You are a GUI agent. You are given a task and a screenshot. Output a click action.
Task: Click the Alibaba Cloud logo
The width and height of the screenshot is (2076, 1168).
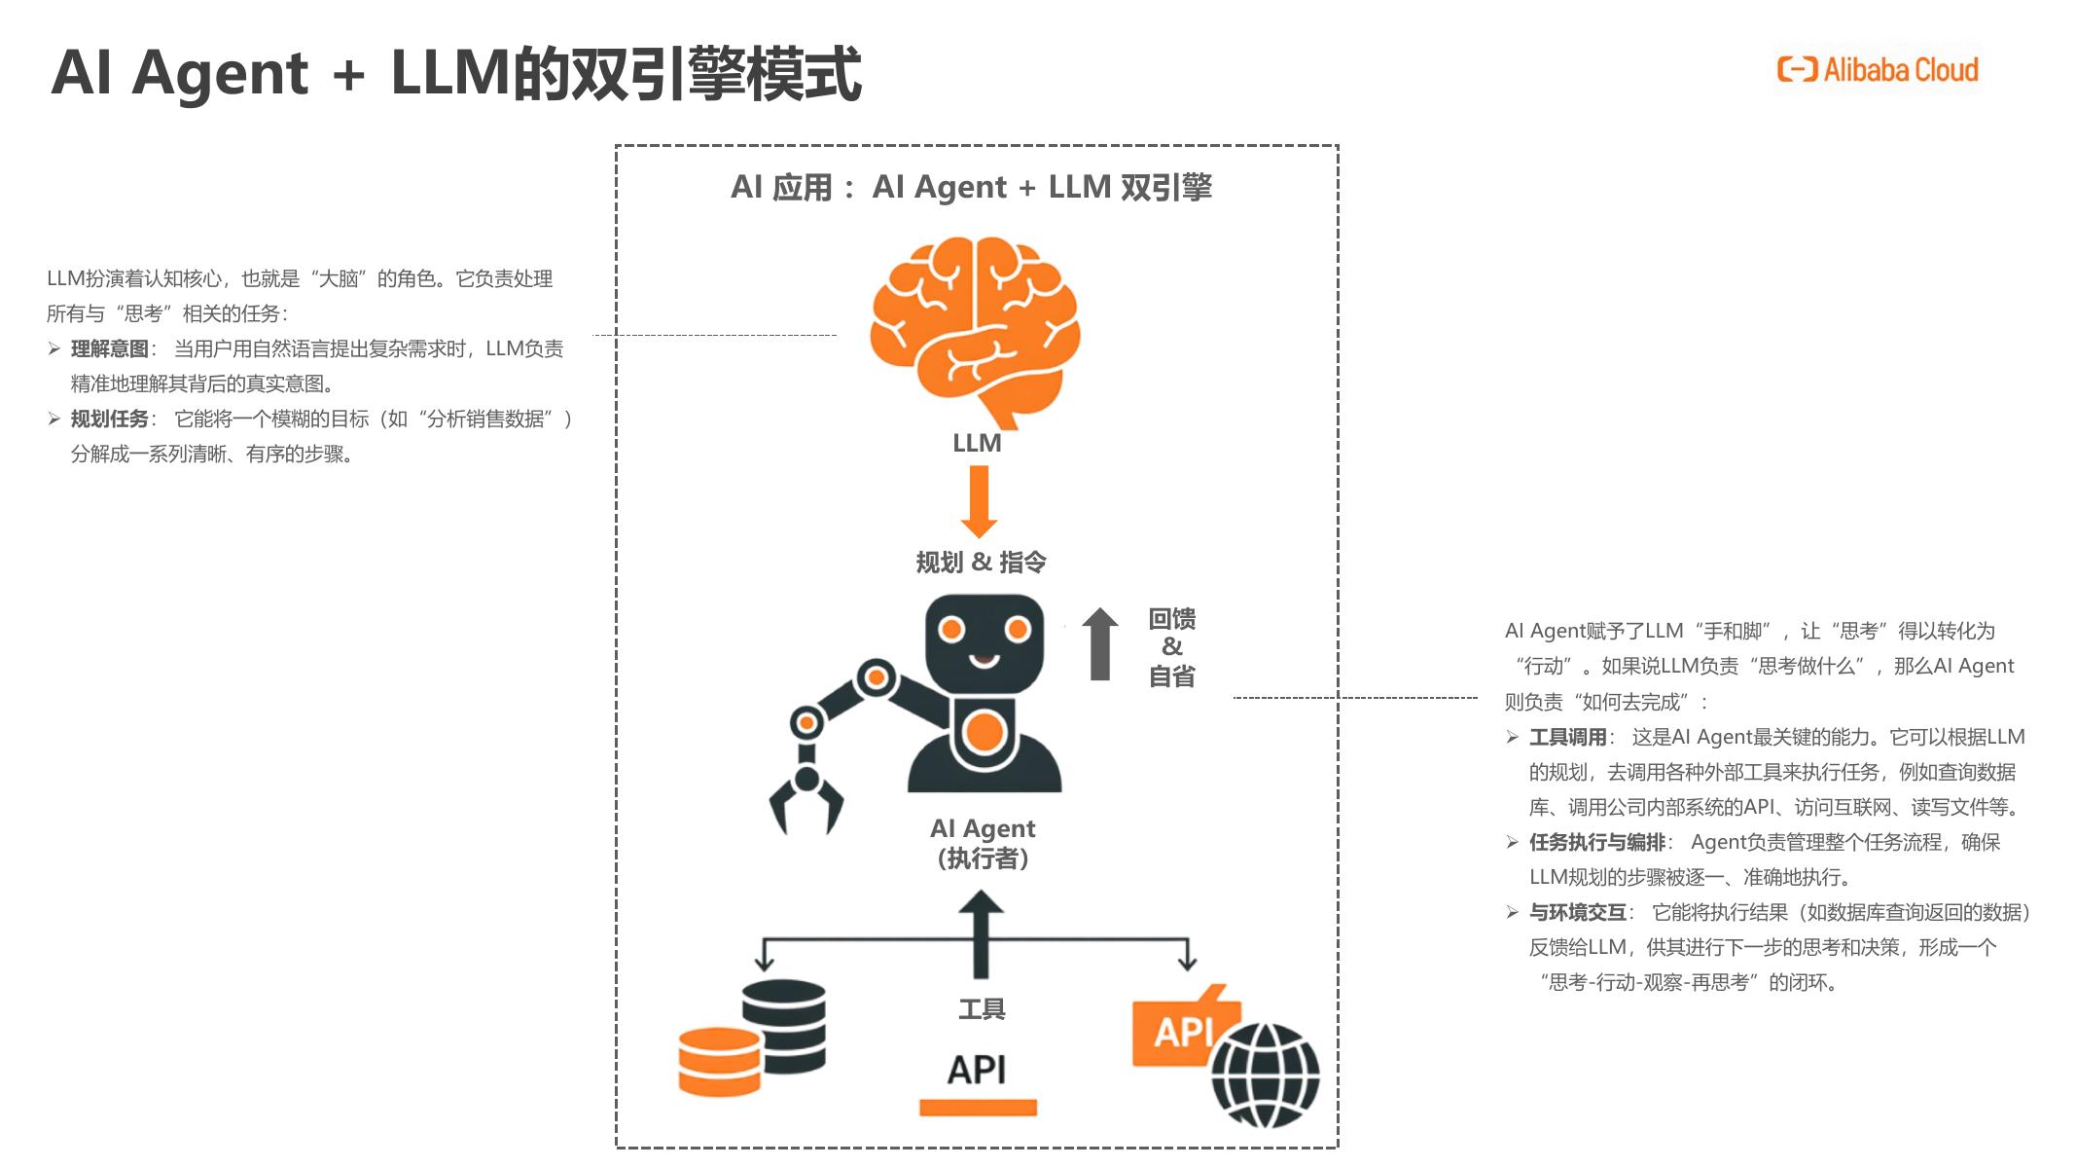coord(1878,70)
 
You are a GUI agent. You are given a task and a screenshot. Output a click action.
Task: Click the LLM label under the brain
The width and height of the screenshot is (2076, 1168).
coord(977,444)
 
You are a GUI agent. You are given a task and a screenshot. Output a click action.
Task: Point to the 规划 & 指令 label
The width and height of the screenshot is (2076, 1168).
coord(981,563)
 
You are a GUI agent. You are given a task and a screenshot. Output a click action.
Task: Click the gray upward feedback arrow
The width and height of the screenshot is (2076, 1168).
coord(1100,644)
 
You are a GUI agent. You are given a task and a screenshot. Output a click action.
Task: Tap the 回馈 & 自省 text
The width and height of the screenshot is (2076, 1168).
coord(1172,647)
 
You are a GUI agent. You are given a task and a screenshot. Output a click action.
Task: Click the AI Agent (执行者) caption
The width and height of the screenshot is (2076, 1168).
coord(983,843)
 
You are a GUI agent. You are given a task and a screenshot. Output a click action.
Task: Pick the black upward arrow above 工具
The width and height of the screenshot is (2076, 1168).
coord(981,934)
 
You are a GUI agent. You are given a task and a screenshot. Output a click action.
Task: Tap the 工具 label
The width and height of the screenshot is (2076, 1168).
coord(982,1009)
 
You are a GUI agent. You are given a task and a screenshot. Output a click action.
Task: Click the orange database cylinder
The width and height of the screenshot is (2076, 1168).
coord(720,1062)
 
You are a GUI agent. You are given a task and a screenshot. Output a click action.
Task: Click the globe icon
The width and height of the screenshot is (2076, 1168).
coord(1265,1074)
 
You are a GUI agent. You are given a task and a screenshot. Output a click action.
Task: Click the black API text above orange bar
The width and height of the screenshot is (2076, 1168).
coord(977,1071)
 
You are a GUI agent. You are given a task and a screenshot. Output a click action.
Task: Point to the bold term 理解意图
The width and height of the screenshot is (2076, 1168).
coord(110,349)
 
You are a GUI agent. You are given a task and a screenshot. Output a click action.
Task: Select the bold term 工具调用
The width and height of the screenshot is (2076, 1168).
coord(1567,738)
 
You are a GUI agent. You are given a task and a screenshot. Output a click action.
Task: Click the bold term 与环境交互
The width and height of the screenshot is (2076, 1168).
coord(1578,913)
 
